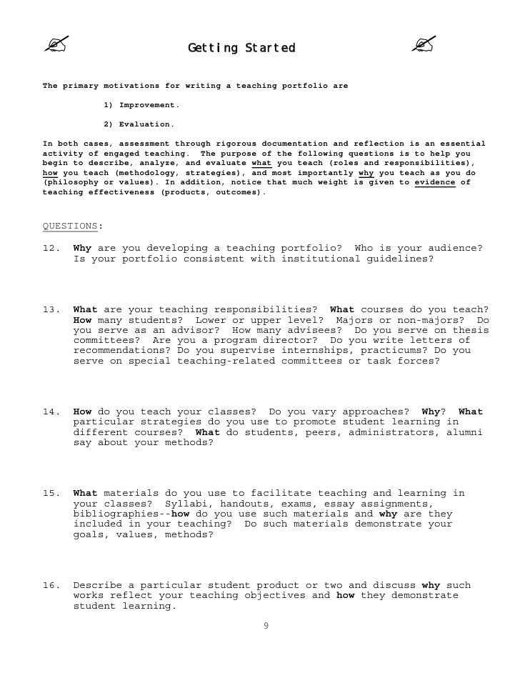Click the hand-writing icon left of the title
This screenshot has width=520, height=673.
54,46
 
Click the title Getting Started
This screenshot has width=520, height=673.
241,49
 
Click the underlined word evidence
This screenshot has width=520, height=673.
436,183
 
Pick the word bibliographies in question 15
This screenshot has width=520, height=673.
113,514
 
